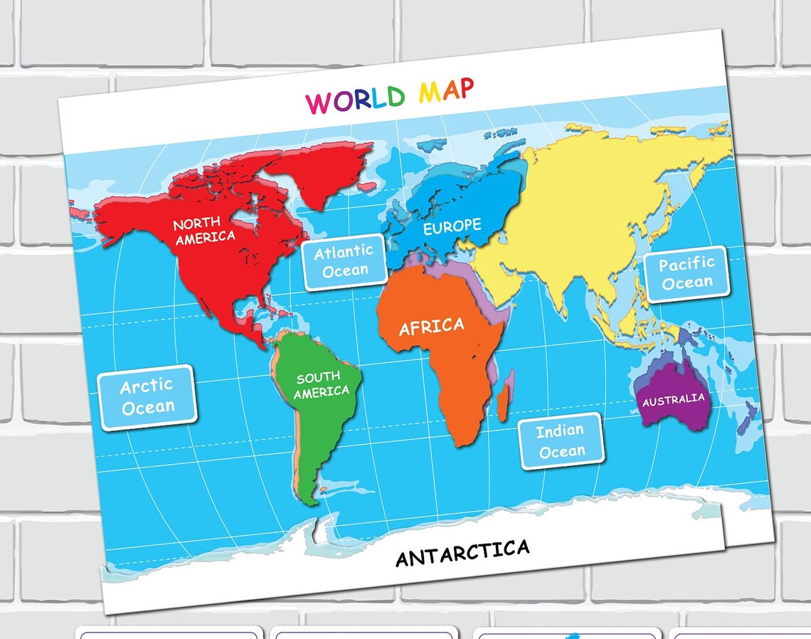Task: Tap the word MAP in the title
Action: tap(446, 90)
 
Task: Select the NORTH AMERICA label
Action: tap(204, 231)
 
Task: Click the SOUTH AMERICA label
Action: tap(322, 385)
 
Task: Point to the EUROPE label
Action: tap(452, 227)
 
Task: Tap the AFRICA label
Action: tap(431, 327)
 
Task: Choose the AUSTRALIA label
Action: tap(673, 400)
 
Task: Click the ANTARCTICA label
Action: tap(462, 552)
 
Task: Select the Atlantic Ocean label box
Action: tap(345, 261)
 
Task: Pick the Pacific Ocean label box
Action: tap(687, 273)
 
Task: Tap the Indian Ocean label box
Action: tap(561, 441)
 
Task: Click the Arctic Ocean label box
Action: tap(147, 397)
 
